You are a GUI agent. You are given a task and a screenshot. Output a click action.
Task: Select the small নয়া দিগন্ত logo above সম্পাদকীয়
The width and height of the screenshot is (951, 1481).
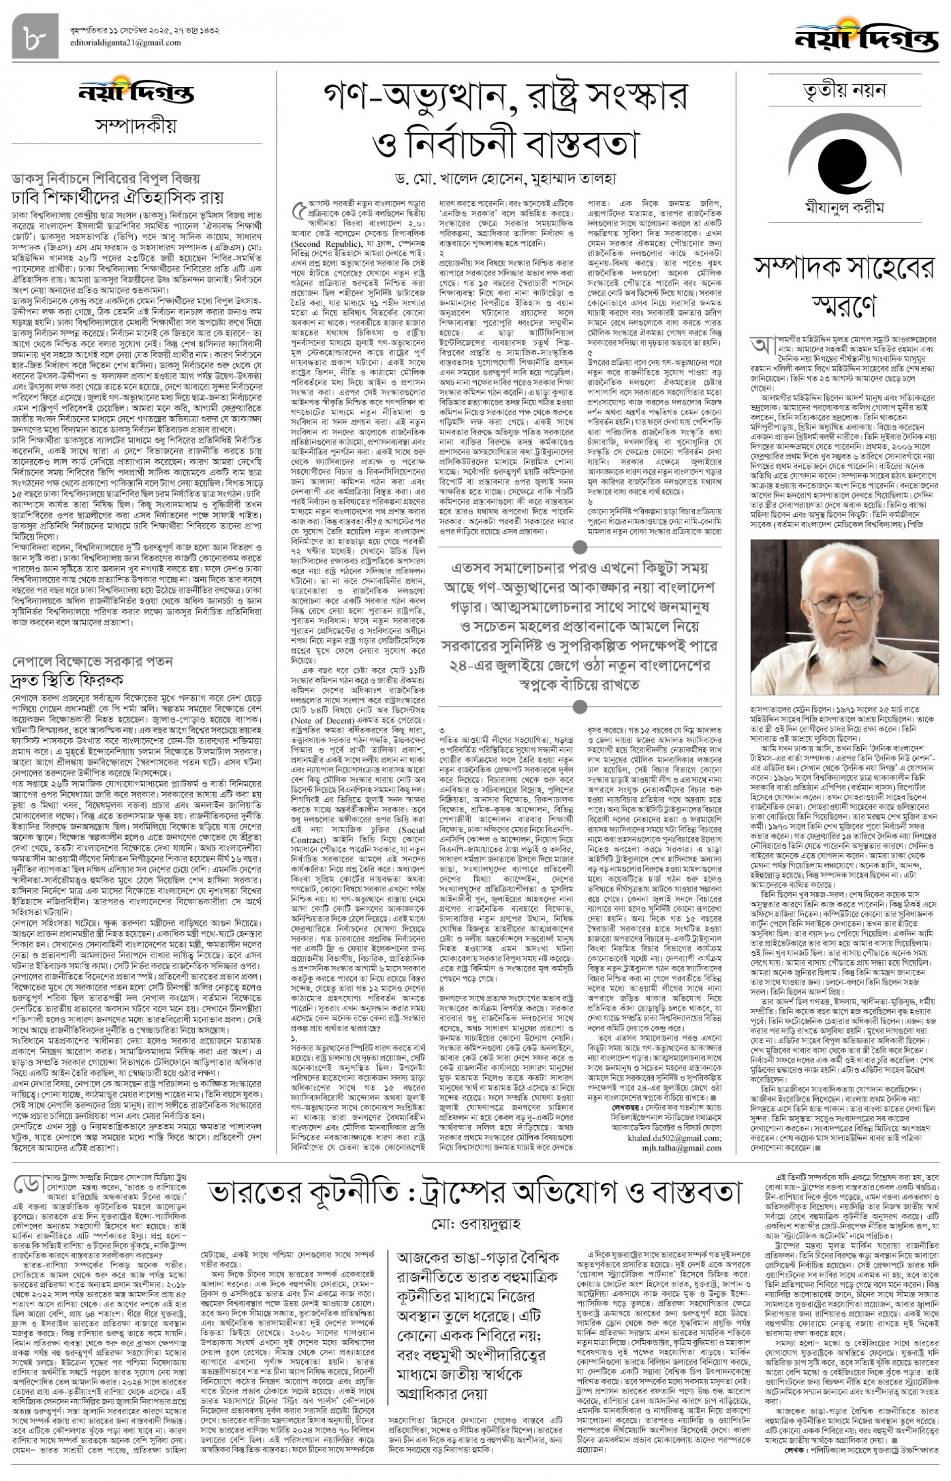coord(137,93)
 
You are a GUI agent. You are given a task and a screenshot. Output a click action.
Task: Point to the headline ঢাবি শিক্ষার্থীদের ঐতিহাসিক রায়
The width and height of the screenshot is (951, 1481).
coord(118,198)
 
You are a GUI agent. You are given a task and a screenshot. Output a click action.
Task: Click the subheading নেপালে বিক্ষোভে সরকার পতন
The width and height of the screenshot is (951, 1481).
coord(93,662)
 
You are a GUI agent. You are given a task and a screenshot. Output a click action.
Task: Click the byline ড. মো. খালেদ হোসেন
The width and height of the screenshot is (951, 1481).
coord(457,180)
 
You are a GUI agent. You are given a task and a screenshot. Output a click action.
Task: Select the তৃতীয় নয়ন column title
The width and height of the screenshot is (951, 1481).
coord(844,91)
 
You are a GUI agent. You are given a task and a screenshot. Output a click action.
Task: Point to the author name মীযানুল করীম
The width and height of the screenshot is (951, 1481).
coord(844,207)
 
